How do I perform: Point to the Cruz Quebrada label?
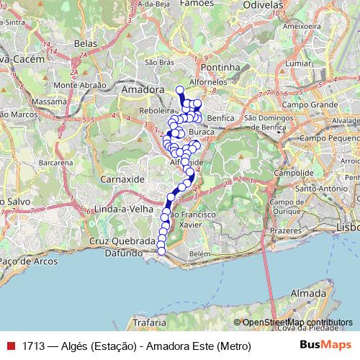tap(122, 240)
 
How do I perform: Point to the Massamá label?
tap(48, 103)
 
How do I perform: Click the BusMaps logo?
tap(325, 346)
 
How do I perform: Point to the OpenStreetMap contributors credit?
tap(296, 323)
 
